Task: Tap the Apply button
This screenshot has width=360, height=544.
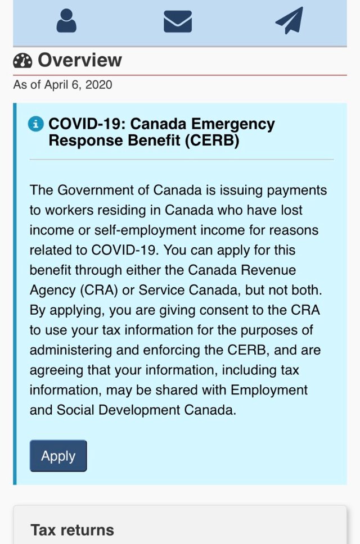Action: pyautogui.click(x=58, y=456)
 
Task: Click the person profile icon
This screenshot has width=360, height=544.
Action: pyautogui.click(x=66, y=21)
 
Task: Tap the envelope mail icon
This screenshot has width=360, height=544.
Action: pyautogui.click(x=178, y=21)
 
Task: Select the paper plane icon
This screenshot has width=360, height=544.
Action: pyautogui.click(x=289, y=21)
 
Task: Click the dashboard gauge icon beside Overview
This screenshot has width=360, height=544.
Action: pyautogui.click(x=22, y=61)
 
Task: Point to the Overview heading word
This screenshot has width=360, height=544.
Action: pyautogui.click(x=79, y=60)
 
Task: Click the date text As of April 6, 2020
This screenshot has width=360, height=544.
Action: pyautogui.click(x=62, y=85)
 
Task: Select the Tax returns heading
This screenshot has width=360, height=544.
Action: pyautogui.click(x=72, y=529)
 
